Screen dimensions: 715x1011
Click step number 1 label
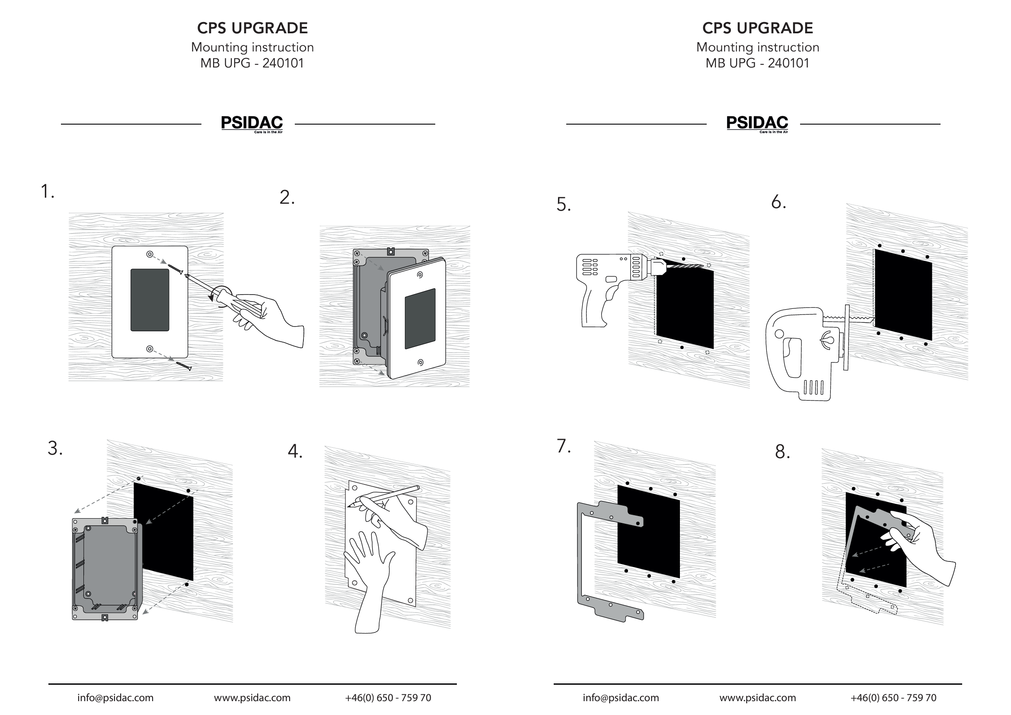pyautogui.click(x=47, y=192)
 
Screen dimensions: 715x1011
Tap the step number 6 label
pyautogui.click(x=778, y=202)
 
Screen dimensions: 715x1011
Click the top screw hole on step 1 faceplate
pyautogui.click(x=150, y=255)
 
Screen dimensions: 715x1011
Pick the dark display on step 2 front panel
pyautogui.click(x=420, y=318)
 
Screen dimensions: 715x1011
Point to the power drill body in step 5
pyautogui.click(x=603, y=273)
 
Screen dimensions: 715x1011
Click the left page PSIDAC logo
pyautogui.click(x=252, y=123)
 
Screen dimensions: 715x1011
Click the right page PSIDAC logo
pyautogui.click(x=757, y=123)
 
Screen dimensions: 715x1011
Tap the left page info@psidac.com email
pyautogui.click(x=115, y=698)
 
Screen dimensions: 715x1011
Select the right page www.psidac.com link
pyautogui.click(x=757, y=698)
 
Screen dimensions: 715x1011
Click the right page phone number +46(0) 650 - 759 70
pyautogui.click(x=893, y=698)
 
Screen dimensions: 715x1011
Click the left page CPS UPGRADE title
pyautogui.click(x=252, y=28)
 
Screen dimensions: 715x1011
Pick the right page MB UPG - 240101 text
pyautogui.click(x=757, y=64)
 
